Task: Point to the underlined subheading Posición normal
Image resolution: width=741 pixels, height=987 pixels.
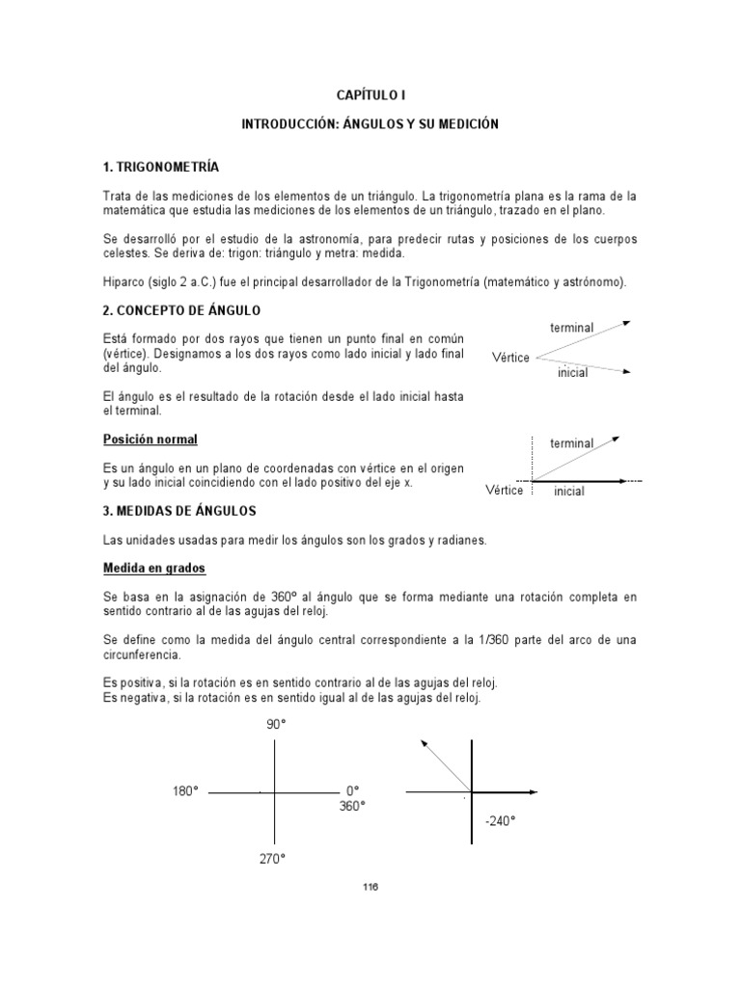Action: [150, 440]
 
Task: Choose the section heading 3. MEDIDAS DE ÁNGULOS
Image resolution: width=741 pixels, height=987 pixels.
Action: [179, 510]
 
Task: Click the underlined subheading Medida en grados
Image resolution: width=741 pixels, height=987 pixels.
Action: [153, 570]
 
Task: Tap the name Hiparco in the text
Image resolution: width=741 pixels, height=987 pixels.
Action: [124, 281]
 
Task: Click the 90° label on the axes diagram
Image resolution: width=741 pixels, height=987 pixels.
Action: [277, 725]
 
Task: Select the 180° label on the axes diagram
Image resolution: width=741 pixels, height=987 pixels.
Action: [185, 791]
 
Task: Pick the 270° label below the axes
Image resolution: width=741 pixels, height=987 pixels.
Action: [272, 859]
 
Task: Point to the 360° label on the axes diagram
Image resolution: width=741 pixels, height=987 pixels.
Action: [352, 806]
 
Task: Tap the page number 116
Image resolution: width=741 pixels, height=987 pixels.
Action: [370, 888]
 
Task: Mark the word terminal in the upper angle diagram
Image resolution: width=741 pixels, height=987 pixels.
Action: [571, 328]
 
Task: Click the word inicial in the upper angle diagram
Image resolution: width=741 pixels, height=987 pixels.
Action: [572, 373]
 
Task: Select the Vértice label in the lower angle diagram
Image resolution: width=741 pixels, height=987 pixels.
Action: [504, 491]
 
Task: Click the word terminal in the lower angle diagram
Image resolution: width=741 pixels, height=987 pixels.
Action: [571, 443]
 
